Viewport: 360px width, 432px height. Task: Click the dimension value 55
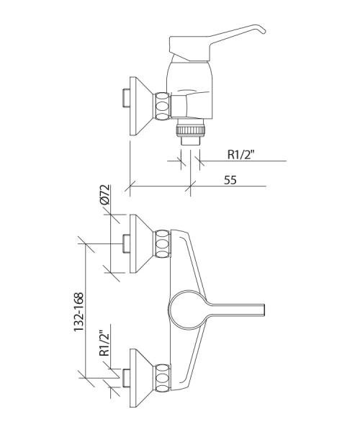(x=230, y=180)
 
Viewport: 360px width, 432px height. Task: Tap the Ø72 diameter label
(x=105, y=194)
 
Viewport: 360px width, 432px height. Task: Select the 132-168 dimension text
(x=78, y=312)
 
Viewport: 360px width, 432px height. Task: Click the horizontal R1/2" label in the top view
(x=240, y=155)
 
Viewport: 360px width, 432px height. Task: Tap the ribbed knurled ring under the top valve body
(x=191, y=130)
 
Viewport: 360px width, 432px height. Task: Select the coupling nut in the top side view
(x=162, y=106)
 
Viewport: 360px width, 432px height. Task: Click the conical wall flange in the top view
(x=140, y=106)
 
